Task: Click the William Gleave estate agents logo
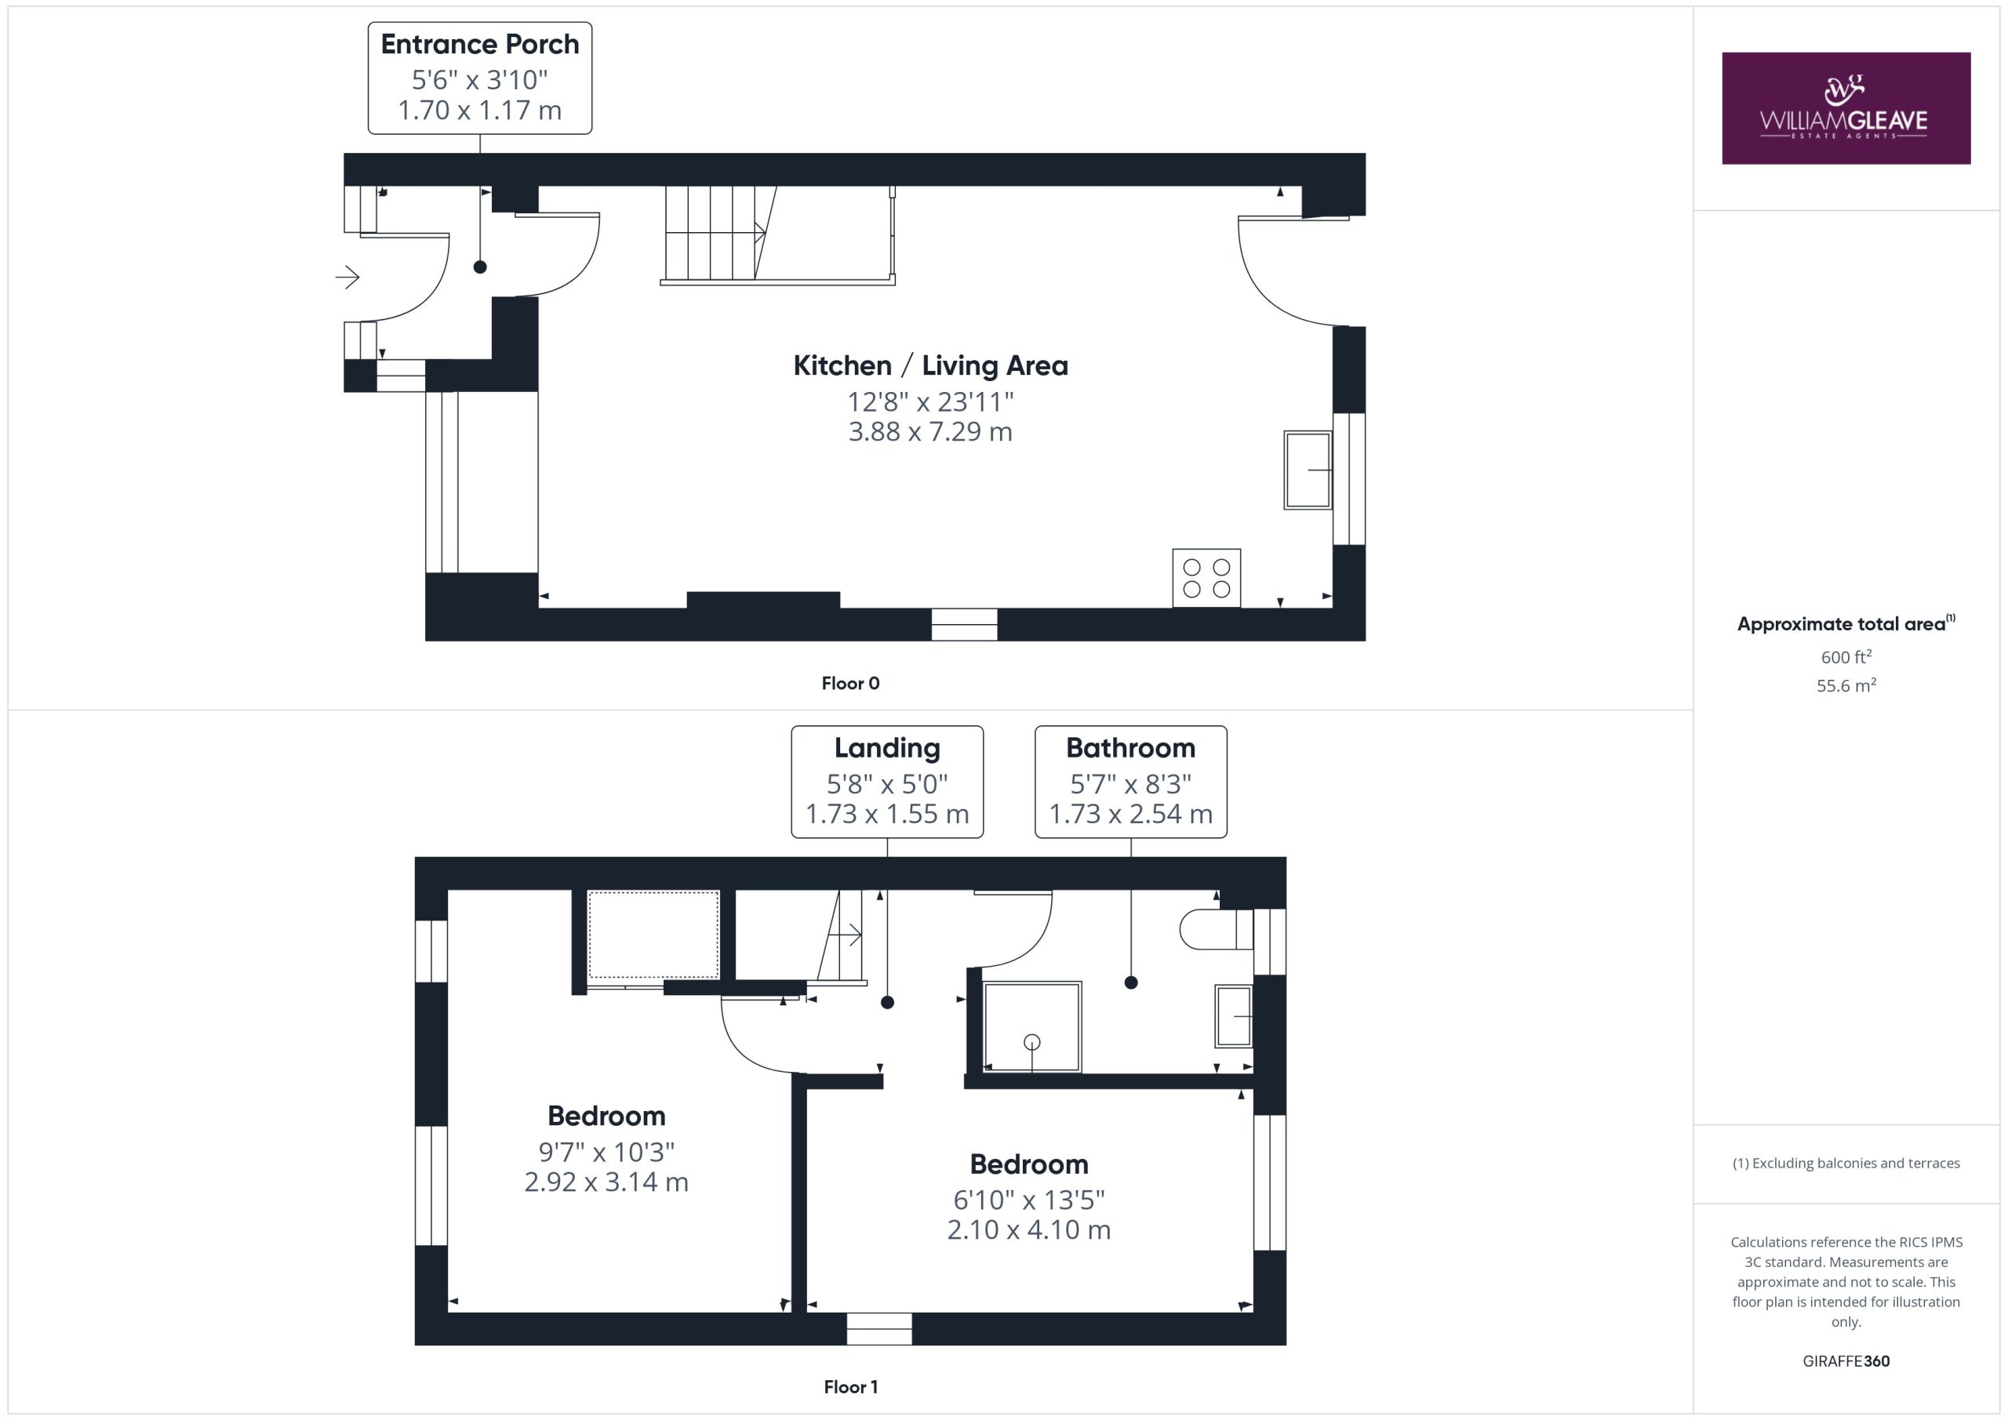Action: pos(1846,108)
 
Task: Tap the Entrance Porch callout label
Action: pos(479,78)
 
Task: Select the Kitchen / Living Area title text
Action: pos(930,365)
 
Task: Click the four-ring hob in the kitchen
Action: pos(1206,578)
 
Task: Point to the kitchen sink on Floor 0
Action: pos(1308,470)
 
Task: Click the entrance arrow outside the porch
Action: pos(348,278)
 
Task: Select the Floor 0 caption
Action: pos(850,684)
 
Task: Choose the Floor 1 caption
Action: pos(850,1387)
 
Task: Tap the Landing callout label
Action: pos(887,782)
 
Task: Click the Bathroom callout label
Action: pos(1131,782)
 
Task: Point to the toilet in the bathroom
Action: pos(1217,929)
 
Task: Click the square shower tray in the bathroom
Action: pos(1032,1026)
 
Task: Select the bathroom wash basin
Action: pos(1234,1016)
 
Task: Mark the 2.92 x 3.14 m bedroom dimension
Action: pos(606,1182)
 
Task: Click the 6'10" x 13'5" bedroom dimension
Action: pos(1028,1200)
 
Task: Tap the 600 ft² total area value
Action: pos(1846,656)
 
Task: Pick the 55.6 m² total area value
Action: pos(1846,685)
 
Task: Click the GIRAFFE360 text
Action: pos(1846,1360)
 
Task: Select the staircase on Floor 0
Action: pos(777,235)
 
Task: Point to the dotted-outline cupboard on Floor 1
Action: pos(653,934)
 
